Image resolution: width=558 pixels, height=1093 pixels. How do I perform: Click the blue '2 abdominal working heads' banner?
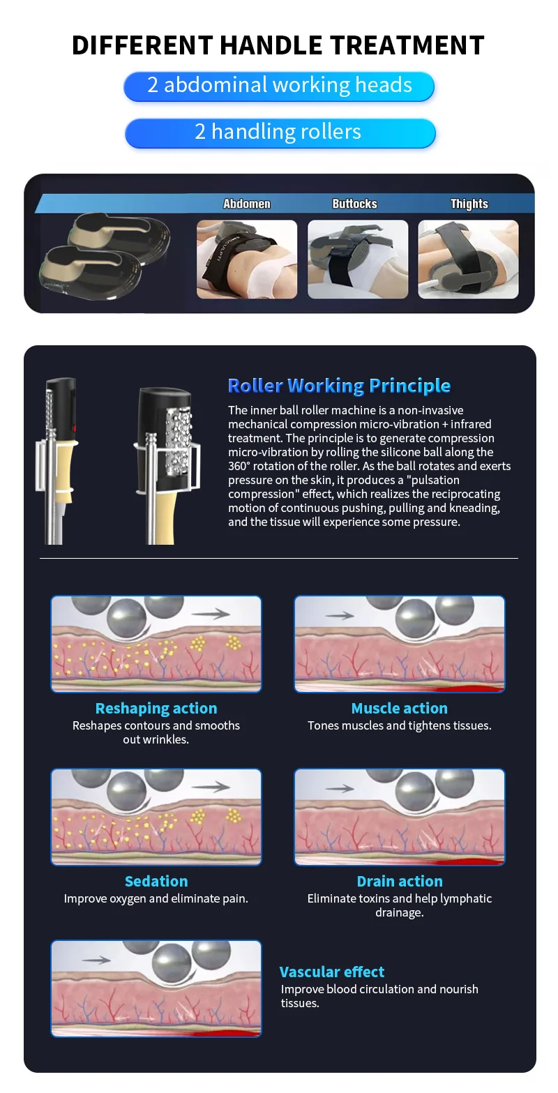tap(279, 86)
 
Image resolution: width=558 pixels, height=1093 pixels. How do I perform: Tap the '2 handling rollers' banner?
tap(279, 132)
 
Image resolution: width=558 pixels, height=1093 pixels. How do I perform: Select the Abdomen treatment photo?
tap(247, 259)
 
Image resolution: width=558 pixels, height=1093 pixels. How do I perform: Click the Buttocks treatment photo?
tap(358, 259)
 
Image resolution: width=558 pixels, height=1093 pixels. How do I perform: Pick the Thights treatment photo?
tap(468, 259)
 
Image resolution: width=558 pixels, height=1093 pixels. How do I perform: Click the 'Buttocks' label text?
tap(354, 204)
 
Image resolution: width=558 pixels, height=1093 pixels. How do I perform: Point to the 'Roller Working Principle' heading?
tap(339, 386)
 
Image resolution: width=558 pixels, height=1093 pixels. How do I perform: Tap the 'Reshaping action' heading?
tap(156, 708)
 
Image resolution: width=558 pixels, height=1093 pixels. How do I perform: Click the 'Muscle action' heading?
tap(400, 708)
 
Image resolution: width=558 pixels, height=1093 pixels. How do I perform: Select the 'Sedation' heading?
tap(156, 881)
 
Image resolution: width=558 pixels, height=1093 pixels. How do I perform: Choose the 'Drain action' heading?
tap(400, 881)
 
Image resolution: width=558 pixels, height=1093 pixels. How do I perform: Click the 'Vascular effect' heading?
tap(332, 972)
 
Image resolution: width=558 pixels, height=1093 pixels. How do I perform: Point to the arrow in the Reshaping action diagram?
tap(211, 614)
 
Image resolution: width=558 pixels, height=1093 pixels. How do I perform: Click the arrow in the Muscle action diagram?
tap(340, 616)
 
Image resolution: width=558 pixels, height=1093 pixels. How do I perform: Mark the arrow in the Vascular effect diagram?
tap(96, 960)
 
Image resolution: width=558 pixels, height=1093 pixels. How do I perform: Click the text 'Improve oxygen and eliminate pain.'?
tap(156, 898)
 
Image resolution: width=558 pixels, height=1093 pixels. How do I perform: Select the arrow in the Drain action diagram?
tap(340, 788)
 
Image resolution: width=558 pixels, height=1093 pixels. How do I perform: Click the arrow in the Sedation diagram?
tap(211, 787)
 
